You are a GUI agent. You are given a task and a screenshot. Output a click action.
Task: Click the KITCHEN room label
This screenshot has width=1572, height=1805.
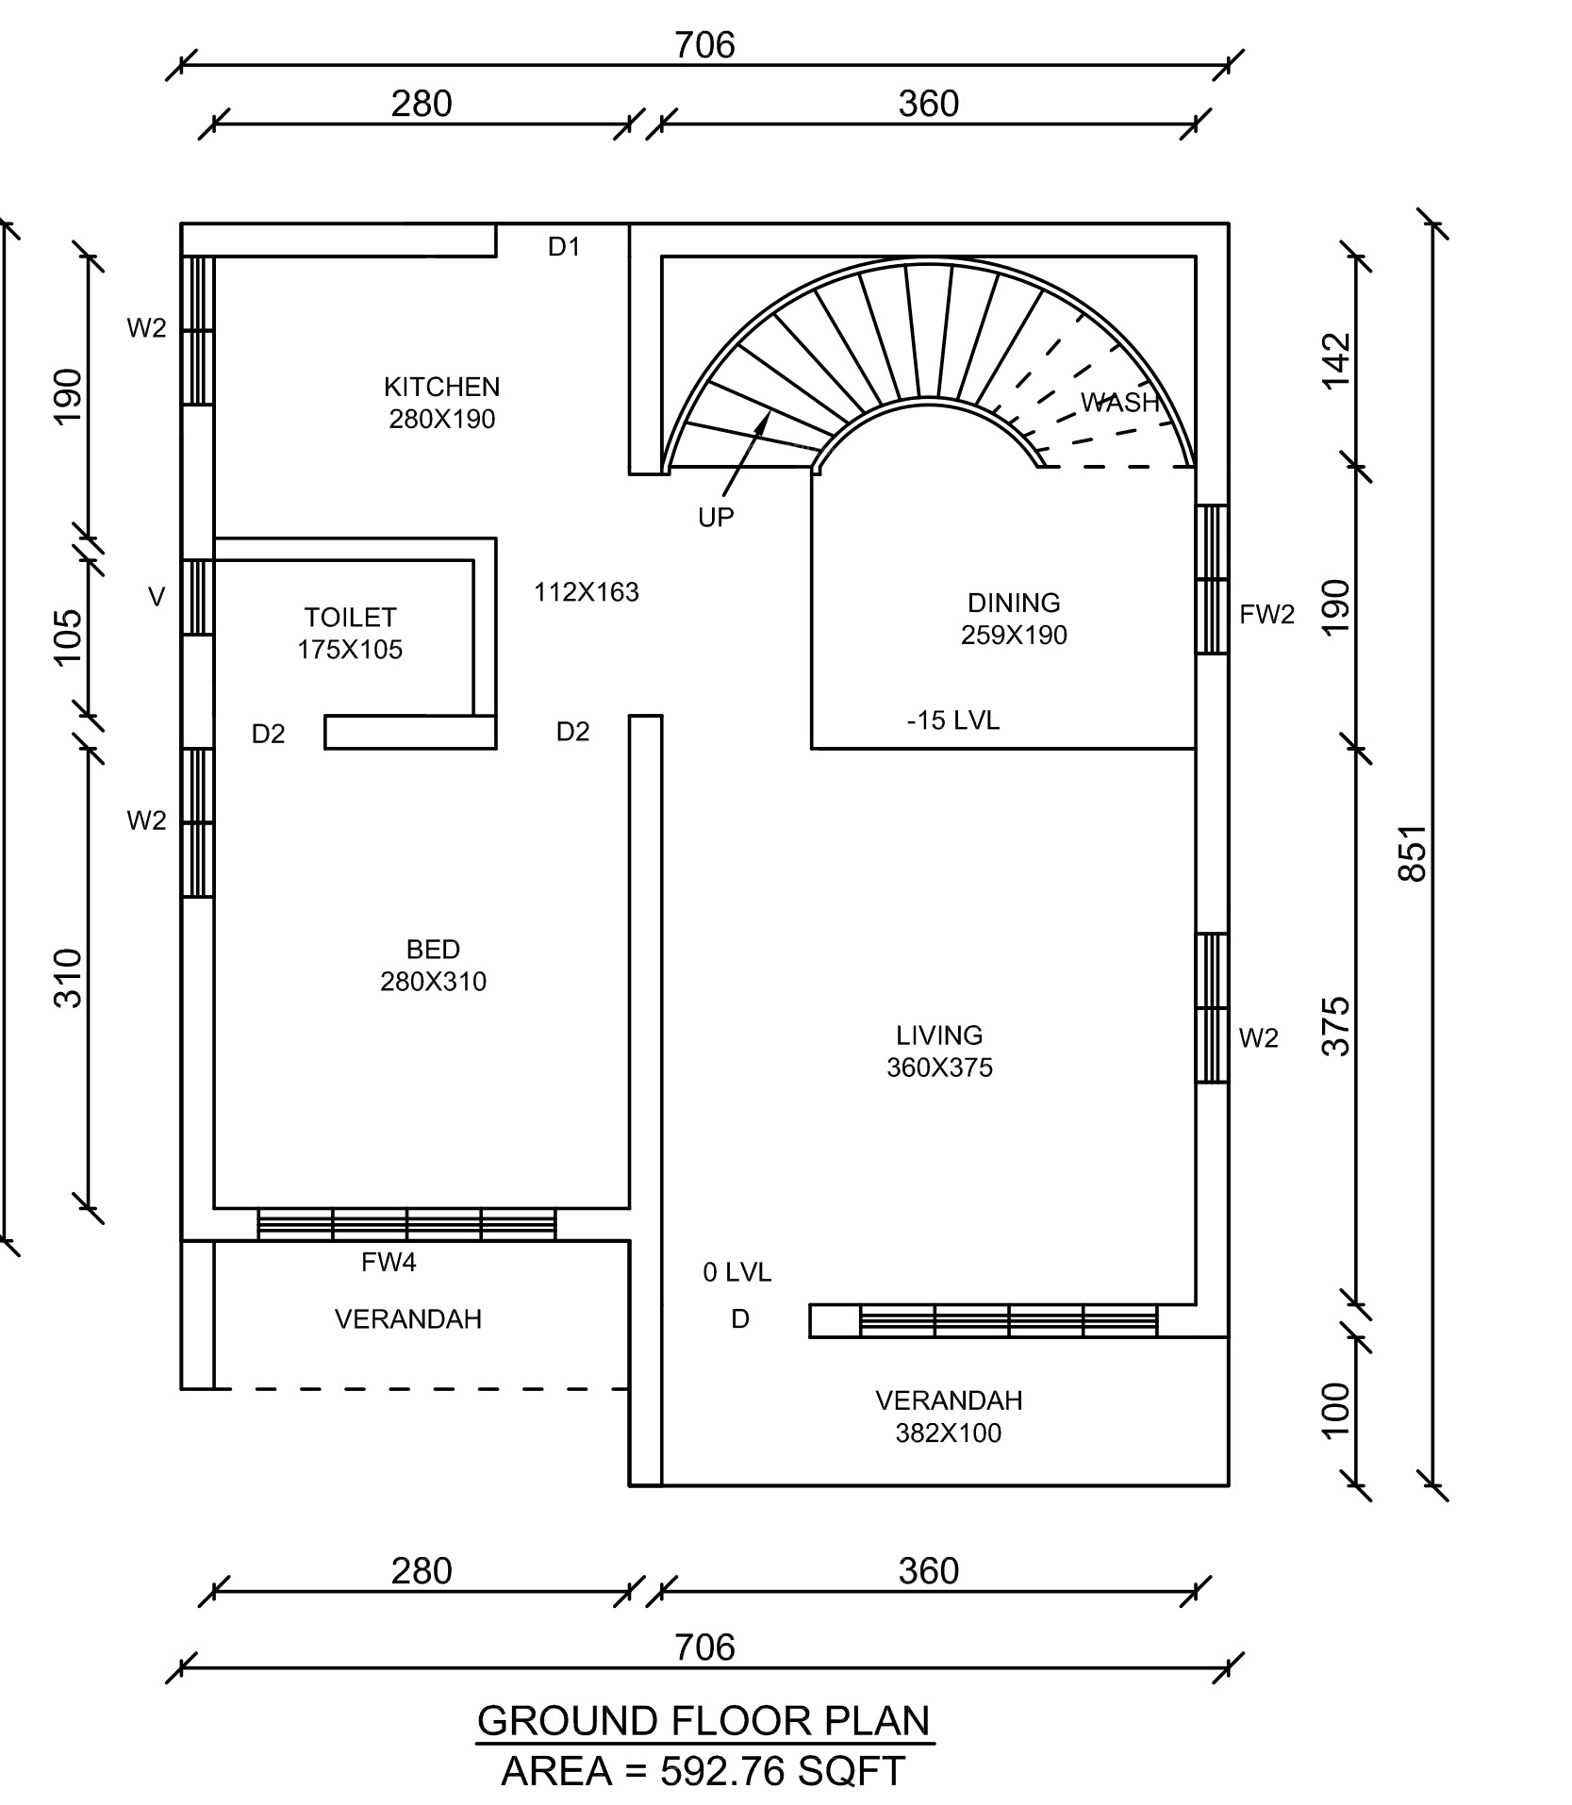pyautogui.click(x=441, y=387)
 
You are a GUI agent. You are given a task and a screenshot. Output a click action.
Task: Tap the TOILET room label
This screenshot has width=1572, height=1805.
pyautogui.click(x=350, y=618)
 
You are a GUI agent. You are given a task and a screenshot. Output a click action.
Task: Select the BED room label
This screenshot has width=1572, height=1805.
pyautogui.click(x=433, y=949)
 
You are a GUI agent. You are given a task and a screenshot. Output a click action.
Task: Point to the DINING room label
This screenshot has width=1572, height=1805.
pyautogui.click(x=1014, y=603)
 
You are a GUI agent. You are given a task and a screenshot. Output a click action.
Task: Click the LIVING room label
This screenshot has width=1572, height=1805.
pyautogui.click(x=939, y=1035)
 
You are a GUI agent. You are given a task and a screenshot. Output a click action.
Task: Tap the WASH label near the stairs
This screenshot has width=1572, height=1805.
pyautogui.click(x=1119, y=403)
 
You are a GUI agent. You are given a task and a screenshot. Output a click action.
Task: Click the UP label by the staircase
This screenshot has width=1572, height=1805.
pyautogui.click(x=716, y=517)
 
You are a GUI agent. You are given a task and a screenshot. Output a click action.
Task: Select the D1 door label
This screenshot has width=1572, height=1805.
pyautogui.click(x=564, y=247)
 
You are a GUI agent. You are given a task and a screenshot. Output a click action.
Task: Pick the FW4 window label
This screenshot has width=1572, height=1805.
pyautogui.click(x=389, y=1262)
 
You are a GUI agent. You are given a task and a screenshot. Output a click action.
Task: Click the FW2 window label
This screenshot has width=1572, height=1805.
pyautogui.click(x=1266, y=615)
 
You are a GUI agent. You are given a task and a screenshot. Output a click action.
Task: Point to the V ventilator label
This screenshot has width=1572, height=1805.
pyautogui.click(x=157, y=597)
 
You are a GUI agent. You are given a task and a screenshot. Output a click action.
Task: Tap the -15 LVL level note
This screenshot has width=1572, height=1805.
pyautogui.click(x=952, y=720)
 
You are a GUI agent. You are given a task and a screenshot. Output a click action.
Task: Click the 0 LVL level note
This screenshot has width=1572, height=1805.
pyautogui.click(x=737, y=1273)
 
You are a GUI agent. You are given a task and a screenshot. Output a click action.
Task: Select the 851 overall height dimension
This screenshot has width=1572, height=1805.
pyautogui.click(x=1413, y=853)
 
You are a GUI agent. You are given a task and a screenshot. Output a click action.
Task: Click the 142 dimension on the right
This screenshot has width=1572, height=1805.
pyautogui.click(x=1337, y=360)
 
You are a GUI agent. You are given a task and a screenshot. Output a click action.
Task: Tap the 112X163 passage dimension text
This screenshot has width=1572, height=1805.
pyautogui.click(x=587, y=592)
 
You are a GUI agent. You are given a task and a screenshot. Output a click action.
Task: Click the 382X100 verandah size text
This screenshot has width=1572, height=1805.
pyautogui.click(x=949, y=1433)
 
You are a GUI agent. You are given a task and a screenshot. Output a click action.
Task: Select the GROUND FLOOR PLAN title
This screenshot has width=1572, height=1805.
pyautogui.click(x=703, y=1721)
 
